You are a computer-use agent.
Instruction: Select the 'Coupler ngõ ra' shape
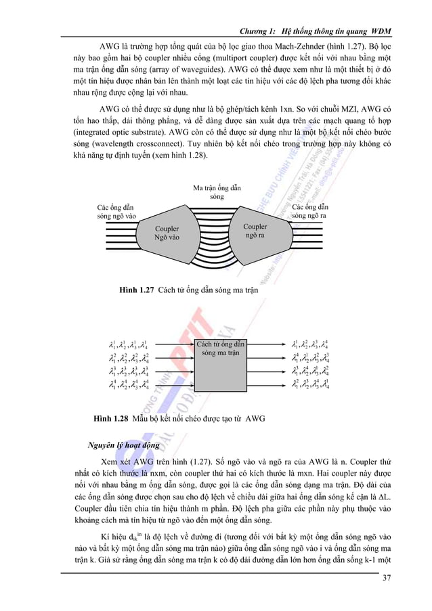(x=255, y=231)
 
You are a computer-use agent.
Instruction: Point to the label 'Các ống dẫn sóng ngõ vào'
(x=116, y=211)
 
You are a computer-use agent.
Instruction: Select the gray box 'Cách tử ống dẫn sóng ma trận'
(x=220, y=365)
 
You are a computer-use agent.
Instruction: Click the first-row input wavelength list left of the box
(x=129, y=346)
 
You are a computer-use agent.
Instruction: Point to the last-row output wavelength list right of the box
(x=310, y=386)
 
